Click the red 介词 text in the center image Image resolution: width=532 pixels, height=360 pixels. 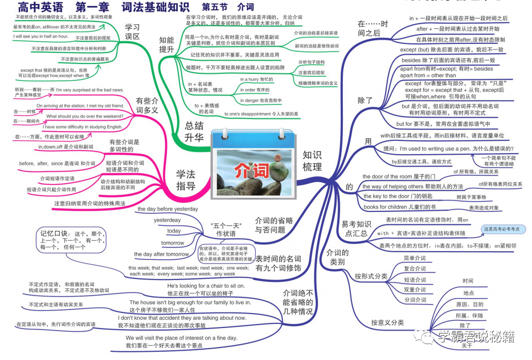(x=252, y=170)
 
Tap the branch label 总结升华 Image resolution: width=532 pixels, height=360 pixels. (x=194, y=131)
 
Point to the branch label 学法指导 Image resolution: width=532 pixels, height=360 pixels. (x=185, y=179)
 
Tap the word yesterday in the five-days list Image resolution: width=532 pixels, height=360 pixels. (x=167, y=220)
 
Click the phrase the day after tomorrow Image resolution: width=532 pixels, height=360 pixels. (x=161, y=254)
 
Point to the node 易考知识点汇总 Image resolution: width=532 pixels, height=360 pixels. (x=355, y=228)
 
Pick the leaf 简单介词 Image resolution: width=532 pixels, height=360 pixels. (x=414, y=258)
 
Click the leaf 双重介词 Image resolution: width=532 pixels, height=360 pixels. (x=414, y=289)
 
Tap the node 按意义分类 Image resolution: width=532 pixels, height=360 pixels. (x=387, y=323)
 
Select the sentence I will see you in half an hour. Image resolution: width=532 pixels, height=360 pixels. (x=41, y=36)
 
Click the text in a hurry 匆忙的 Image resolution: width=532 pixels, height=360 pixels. (x=257, y=79)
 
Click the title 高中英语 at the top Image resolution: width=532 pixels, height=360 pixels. (x=40, y=7)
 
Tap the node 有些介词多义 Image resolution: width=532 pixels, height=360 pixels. (x=147, y=105)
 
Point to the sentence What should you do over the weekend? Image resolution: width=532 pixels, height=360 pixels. (x=87, y=116)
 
